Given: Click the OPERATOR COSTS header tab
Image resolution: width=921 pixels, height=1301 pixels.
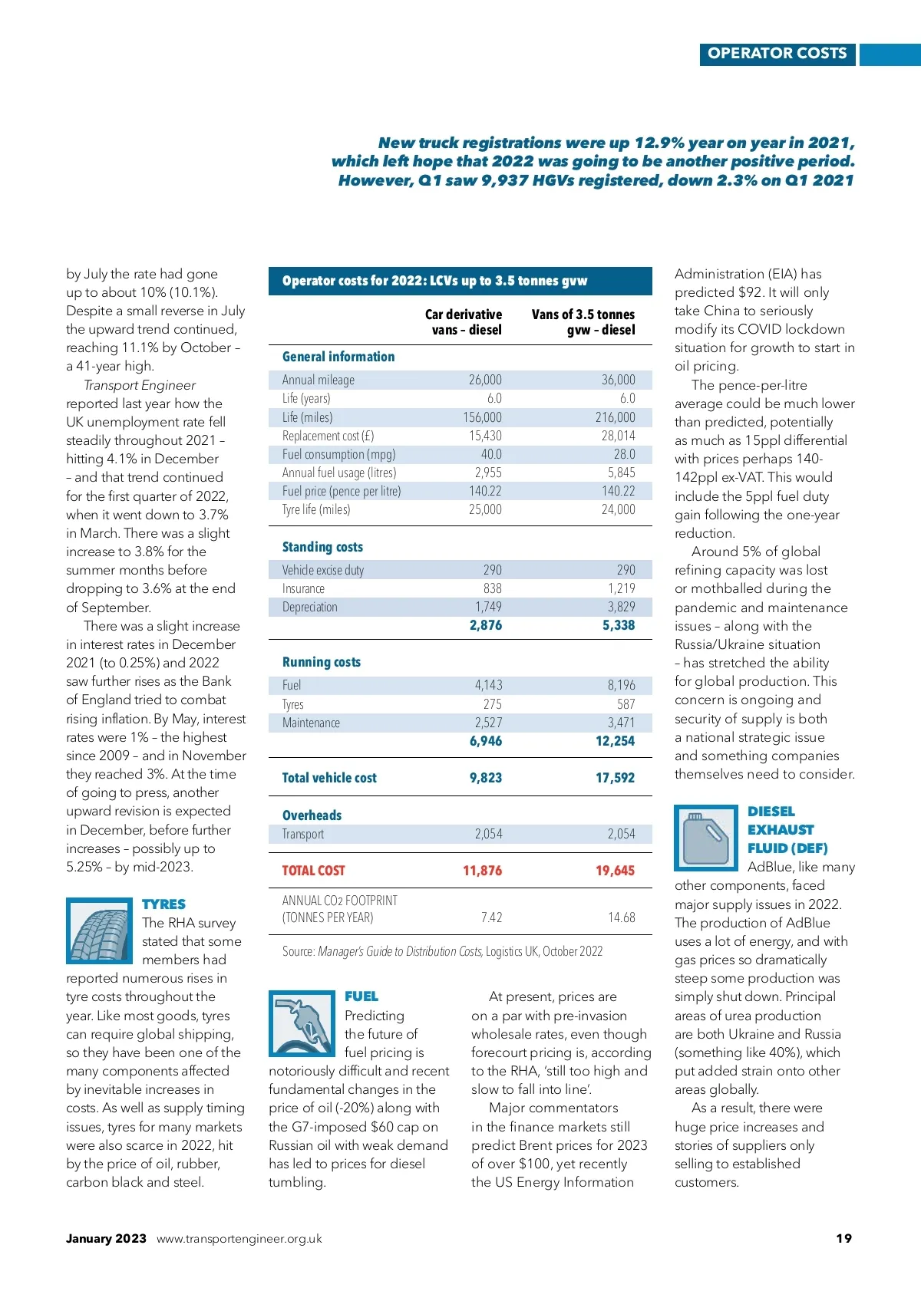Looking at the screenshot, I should [777, 54].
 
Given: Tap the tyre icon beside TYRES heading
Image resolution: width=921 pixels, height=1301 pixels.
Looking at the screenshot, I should [99, 930].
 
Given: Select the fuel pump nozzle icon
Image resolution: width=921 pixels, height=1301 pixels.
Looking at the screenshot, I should [302, 1023].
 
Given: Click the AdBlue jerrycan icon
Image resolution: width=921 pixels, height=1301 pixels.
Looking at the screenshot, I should [706, 838].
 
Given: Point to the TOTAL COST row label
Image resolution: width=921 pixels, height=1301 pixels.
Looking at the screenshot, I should [313, 871].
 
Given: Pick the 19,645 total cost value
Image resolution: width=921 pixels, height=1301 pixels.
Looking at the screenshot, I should [615, 871].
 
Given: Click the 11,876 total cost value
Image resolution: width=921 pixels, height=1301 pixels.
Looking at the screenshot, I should [482, 871].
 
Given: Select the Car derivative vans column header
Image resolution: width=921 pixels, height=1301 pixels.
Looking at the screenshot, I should [464, 322].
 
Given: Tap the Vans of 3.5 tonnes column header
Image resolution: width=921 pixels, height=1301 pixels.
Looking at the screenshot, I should [583, 322].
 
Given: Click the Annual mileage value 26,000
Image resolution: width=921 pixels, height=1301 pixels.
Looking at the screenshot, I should [485, 380].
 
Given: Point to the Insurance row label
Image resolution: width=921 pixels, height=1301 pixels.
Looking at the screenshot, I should [303, 588].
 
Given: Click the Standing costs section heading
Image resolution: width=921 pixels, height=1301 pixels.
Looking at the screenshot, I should [322, 547].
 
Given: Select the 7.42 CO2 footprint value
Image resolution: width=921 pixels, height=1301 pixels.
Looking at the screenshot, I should [491, 917].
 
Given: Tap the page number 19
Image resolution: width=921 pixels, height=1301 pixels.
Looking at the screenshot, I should [843, 1238].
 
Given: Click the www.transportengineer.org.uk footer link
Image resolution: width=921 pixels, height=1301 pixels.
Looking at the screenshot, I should [239, 1239].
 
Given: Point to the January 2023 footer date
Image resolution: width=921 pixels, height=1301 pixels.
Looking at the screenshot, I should [106, 1238].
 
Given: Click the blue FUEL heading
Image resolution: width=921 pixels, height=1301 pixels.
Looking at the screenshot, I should [361, 996].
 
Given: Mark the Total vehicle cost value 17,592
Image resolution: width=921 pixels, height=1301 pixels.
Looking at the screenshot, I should [615, 778].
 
